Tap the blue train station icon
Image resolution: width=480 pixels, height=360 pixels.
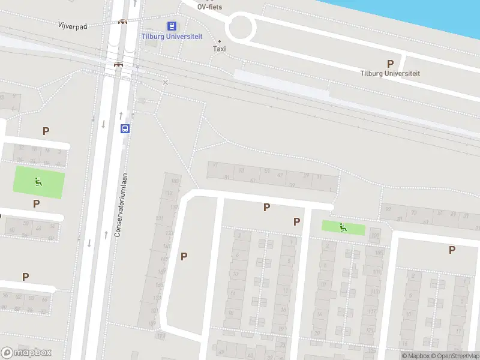click(x=172, y=26)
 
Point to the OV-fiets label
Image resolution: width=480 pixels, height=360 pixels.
click(x=210, y=7)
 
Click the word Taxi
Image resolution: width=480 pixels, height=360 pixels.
click(x=220, y=49)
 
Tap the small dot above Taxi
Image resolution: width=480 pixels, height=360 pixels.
click(x=220, y=41)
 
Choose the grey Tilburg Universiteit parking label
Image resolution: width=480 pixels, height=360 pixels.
click(x=390, y=73)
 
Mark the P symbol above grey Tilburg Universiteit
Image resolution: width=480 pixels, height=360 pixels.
click(x=390, y=64)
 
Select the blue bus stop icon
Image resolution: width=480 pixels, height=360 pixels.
click(x=125, y=128)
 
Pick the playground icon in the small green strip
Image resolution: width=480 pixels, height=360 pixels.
click(x=343, y=227)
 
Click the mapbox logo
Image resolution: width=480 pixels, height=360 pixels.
click(x=26, y=353)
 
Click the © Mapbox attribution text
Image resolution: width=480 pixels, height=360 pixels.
click(x=416, y=356)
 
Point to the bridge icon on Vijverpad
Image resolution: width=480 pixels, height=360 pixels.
click(x=123, y=22)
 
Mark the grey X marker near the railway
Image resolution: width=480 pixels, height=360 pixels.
click(x=166, y=82)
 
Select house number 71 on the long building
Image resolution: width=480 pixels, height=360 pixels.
click(x=214, y=165)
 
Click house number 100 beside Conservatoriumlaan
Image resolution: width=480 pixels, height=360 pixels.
click(x=175, y=181)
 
